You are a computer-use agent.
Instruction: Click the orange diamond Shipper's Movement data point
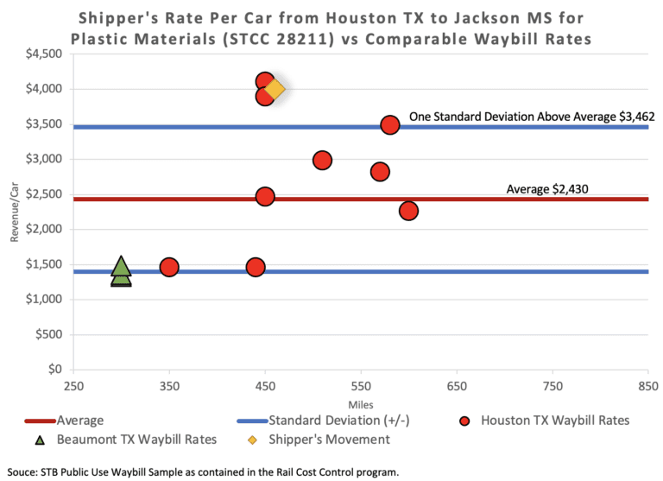[x=275, y=88]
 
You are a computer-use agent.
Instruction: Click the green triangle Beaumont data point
[x=121, y=271]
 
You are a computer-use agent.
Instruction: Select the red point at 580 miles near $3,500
[x=390, y=124]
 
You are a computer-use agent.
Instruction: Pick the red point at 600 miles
[x=408, y=211]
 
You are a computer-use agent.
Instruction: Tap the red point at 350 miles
[x=169, y=267]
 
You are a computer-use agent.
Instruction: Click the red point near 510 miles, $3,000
[x=322, y=160]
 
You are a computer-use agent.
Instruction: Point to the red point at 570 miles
[x=380, y=172]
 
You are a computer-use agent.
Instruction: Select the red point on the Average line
[x=265, y=196]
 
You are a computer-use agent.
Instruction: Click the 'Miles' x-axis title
[x=360, y=404]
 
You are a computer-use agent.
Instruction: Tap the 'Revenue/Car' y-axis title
[x=15, y=212]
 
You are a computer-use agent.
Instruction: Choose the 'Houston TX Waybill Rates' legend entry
[x=544, y=421]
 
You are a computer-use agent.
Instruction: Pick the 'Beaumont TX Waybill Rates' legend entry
[x=129, y=440]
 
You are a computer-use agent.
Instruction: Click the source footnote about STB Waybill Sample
[x=202, y=471]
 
